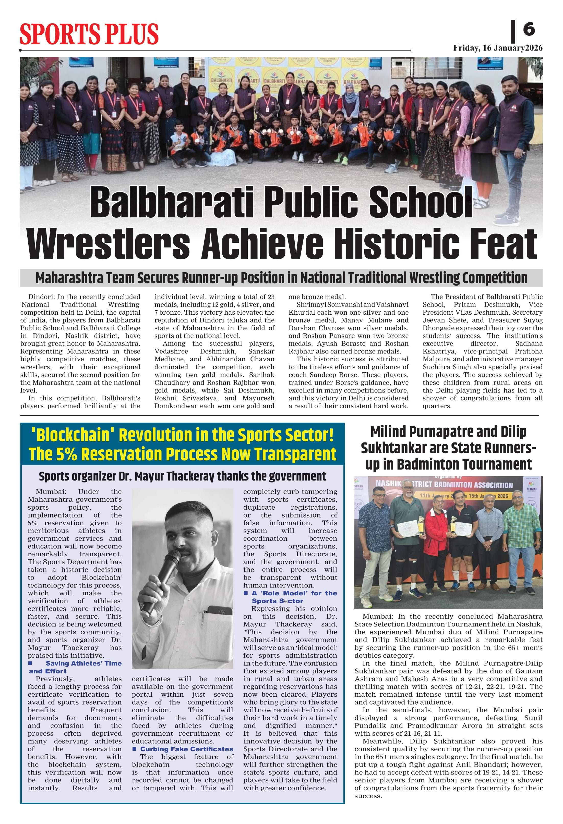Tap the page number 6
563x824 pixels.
529,29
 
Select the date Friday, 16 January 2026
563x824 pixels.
498,48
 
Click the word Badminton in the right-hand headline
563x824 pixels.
468,464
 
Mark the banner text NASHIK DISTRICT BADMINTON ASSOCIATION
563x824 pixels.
444,484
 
